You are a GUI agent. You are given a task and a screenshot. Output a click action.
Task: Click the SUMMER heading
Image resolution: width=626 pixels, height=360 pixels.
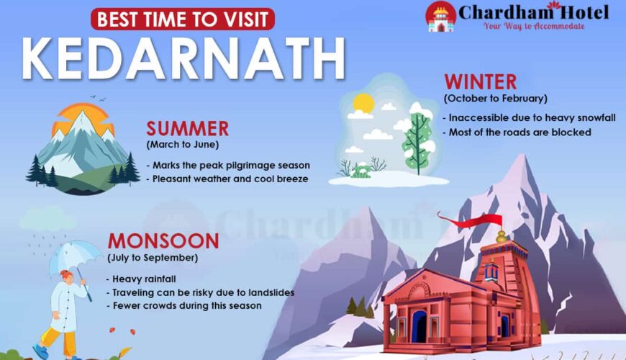point(187,129)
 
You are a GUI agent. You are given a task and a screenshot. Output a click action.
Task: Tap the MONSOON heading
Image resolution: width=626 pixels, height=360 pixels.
point(163,241)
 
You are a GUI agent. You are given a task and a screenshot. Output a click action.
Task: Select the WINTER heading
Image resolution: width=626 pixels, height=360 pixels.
point(481,82)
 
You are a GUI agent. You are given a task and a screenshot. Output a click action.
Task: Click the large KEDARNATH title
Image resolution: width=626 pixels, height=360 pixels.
point(183,59)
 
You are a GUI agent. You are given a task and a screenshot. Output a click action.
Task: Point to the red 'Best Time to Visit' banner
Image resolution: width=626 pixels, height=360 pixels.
point(183,19)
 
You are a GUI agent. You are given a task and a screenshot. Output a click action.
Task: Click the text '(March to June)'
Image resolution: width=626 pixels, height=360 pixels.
point(183,145)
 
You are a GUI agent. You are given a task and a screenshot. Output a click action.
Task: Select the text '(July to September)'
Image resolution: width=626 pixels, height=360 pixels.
point(153,258)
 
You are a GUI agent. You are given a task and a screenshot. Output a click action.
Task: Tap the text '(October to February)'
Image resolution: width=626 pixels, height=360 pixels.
point(496,99)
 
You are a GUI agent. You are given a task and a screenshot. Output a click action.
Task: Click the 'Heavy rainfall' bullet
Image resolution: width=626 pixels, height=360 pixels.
point(141,279)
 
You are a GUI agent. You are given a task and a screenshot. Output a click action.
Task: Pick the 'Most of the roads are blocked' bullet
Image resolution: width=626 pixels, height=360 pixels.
point(517,132)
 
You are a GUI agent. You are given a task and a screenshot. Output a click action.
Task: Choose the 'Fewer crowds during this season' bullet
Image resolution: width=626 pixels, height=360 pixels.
point(184,306)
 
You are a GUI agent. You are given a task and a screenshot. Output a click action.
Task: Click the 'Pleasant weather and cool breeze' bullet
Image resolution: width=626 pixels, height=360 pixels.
point(227,179)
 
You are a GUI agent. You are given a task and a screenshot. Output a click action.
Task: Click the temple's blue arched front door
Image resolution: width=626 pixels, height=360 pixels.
point(419,326)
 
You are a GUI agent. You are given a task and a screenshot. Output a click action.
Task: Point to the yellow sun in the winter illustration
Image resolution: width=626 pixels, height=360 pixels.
point(363,103)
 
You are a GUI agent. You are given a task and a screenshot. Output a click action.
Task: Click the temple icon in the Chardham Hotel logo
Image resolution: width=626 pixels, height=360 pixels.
point(441,17)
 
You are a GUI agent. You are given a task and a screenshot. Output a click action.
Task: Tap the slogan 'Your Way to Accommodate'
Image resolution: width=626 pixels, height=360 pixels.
point(534,27)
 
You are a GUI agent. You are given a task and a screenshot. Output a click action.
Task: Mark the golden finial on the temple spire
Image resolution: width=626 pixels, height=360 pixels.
point(502,237)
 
